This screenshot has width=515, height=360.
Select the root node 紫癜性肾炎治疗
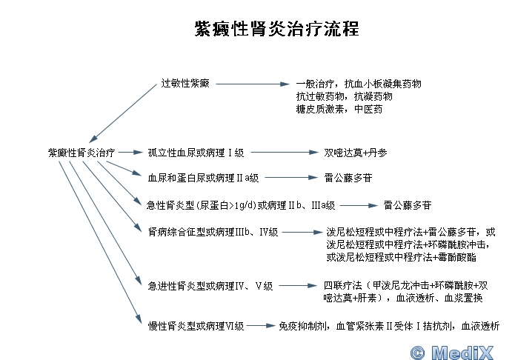click(82, 153)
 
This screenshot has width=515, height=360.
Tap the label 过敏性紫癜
click(185, 83)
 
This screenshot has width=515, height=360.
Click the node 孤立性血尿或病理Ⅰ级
click(196, 153)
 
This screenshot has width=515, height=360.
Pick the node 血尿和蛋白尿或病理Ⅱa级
click(203, 178)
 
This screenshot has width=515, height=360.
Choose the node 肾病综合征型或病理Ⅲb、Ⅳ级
click(213, 232)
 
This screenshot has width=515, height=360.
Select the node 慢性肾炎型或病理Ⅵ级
click(196, 325)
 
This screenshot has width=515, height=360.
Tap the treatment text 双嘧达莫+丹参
click(354, 153)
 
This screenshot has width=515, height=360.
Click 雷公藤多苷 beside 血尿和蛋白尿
click(348, 178)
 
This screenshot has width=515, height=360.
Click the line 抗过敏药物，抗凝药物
click(344, 96)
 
